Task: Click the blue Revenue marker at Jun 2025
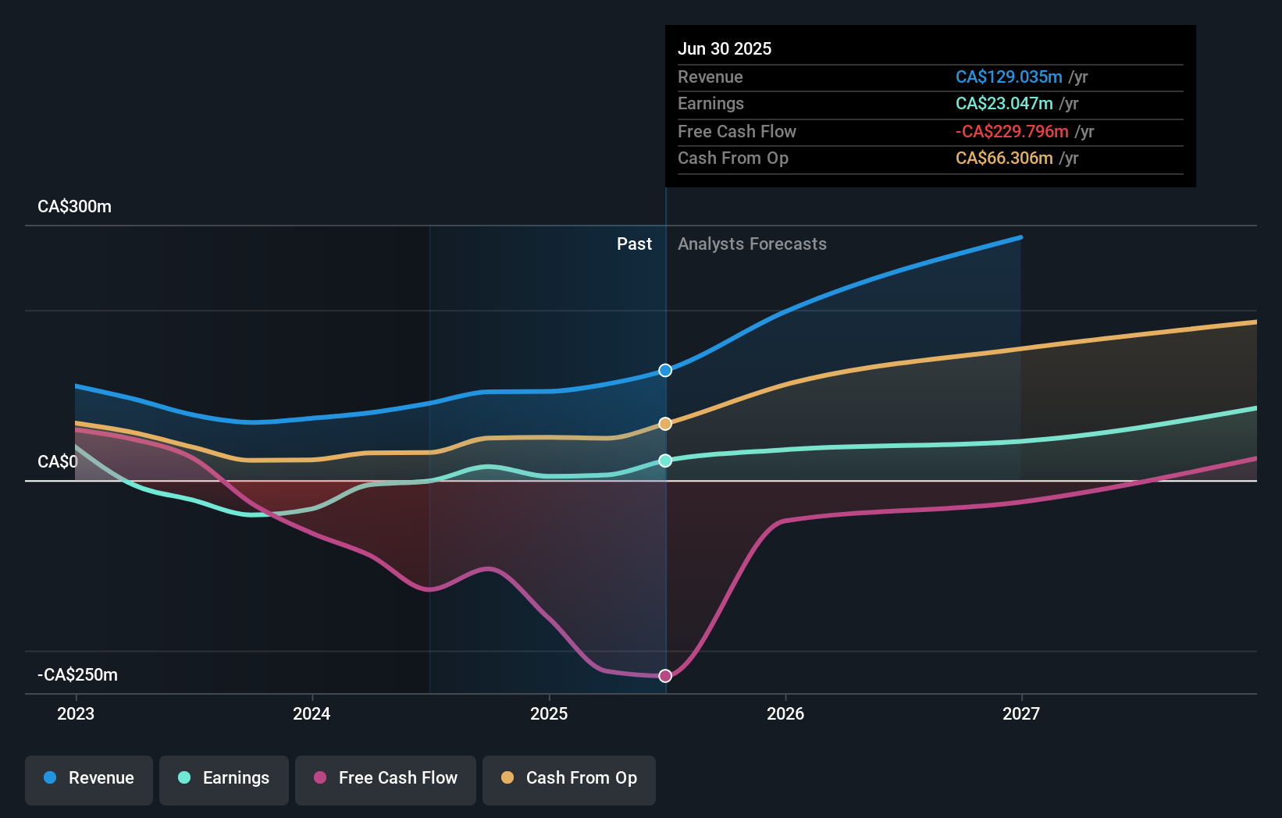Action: click(x=665, y=370)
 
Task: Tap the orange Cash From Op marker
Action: click(x=665, y=424)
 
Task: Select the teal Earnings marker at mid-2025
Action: click(x=665, y=461)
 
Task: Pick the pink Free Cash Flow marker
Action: click(x=665, y=676)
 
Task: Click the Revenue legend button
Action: click(x=89, y=778)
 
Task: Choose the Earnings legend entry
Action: click(x=224, y=778)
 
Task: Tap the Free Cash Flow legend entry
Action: click(x=386, y=778)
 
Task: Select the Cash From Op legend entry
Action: click(x=569, y=778)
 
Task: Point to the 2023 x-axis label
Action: click(x=76, y=714)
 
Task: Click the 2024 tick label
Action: click(x=312, y=714)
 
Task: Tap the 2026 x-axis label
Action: click(x=785, y=714)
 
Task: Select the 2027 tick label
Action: click(x=1021, y=714)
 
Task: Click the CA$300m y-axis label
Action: click(x=75, y=207)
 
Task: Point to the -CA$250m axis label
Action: click(x=78, y=675)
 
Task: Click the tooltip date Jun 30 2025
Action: click(x=725, y=49)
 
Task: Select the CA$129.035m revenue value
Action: click(x=1009, y=77)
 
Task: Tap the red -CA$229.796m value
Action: click(x=1012, y=132)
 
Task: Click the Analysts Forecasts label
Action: click(x=752, y=244)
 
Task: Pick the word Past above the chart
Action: click(x=634, y=244)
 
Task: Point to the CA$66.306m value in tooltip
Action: click(x=1004, y=158)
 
